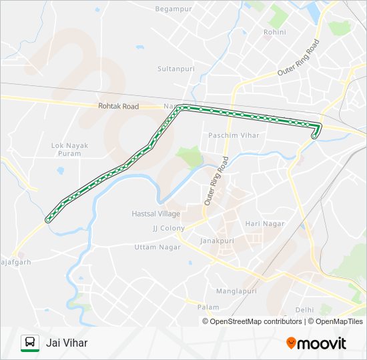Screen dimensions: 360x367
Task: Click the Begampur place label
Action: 173,9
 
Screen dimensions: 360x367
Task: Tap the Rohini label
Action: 274,32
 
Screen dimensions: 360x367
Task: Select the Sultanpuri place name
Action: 174,69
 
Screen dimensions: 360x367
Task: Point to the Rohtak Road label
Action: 118,106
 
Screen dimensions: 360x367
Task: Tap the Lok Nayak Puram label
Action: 66,149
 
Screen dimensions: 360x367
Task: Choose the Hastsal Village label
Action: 155,214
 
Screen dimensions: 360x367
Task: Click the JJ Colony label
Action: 168,228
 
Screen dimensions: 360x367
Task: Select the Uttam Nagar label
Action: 154,247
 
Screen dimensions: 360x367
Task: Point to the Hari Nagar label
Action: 265,224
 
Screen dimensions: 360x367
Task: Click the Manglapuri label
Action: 236,291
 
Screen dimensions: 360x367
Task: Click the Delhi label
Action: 304,310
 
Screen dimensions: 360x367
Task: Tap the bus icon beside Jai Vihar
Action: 30,343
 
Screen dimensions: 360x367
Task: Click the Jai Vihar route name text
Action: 67,343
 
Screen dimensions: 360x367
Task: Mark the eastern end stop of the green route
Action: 314,136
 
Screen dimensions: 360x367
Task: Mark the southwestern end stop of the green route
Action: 48,219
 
